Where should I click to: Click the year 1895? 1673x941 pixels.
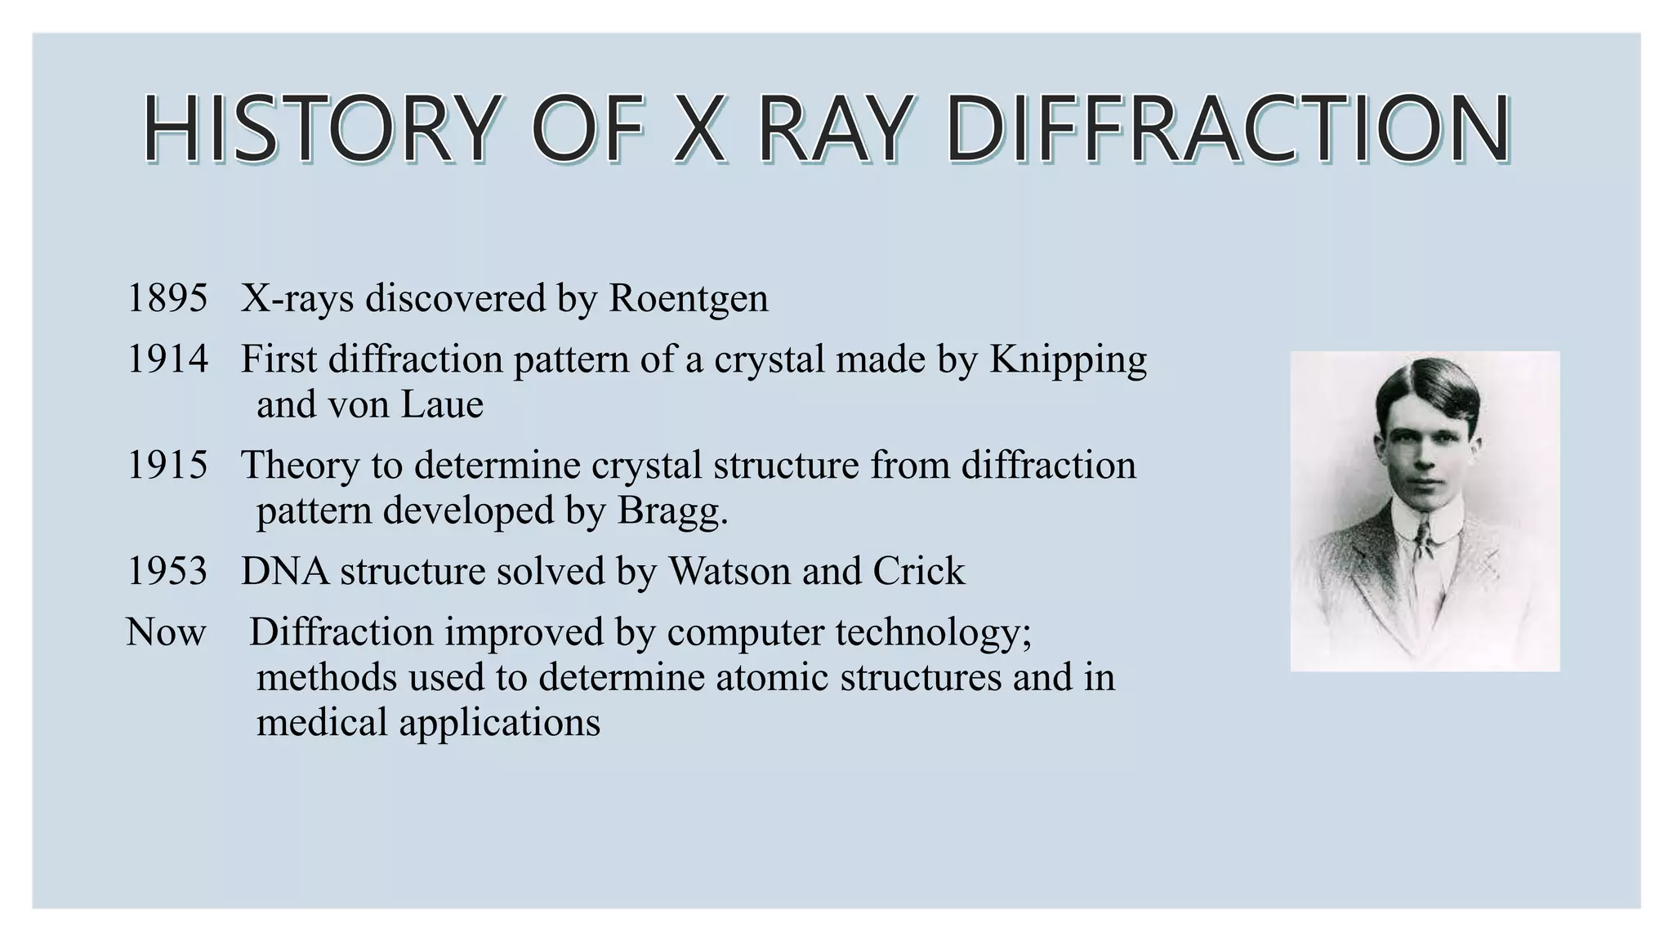click(167, 299)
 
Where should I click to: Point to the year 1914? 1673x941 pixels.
click(167, 360)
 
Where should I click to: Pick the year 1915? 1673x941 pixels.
click(167, 466)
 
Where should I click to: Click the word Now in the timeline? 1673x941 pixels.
click(166, 633)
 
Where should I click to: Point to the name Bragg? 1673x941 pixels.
click(671, 512)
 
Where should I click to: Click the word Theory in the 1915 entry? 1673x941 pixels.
click(300, 466)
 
